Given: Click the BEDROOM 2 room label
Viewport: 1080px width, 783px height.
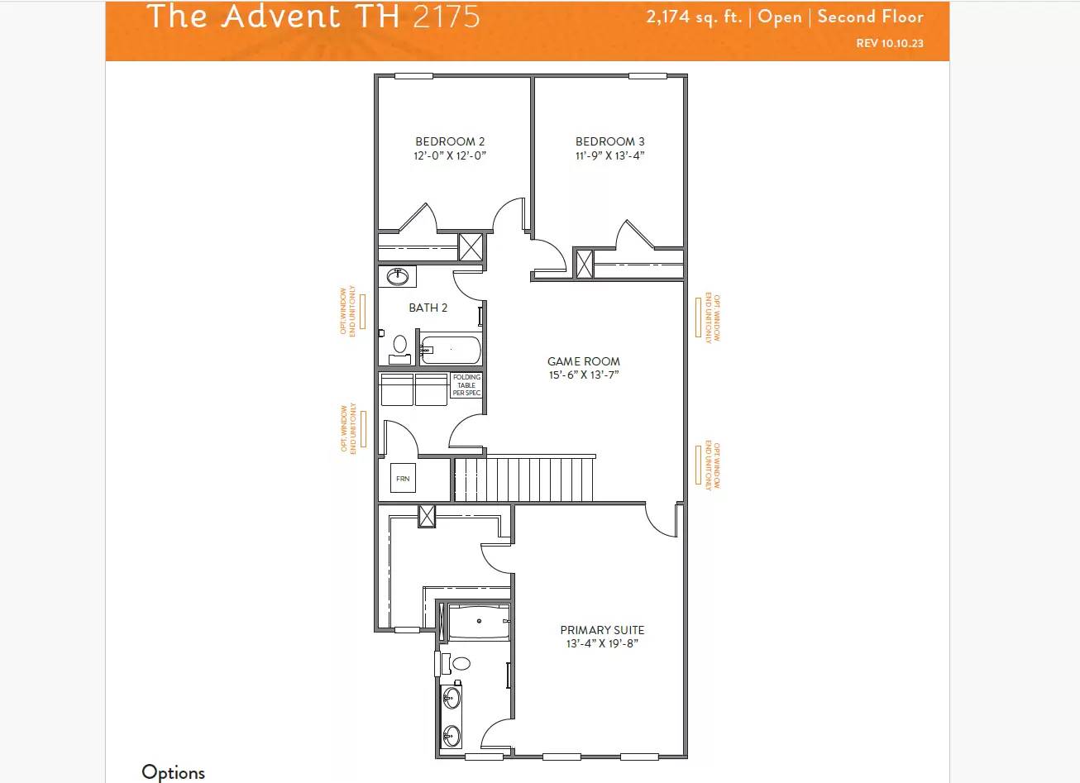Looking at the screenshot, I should [x=450, y=141].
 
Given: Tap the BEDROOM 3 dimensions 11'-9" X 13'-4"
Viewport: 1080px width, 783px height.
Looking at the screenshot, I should [x=609, y=155].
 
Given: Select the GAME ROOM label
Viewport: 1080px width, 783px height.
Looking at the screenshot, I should [x=583, y=361].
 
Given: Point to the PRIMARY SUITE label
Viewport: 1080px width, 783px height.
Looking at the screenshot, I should [x=602, y=630].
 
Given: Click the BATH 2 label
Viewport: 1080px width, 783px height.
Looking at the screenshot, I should [x=428, y=308].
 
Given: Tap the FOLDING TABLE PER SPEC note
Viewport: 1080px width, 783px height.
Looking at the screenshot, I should [x=466, y=385].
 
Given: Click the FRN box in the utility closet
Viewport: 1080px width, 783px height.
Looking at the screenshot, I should [x=403, y=479].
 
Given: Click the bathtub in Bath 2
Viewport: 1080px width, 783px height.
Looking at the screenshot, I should [x=451, y=350].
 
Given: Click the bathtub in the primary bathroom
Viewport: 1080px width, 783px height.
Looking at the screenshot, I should [x=479, y=622].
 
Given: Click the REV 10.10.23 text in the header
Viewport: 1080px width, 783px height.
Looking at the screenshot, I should [x=890, y=43].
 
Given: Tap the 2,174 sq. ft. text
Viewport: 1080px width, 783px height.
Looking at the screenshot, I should [x=694, y=17].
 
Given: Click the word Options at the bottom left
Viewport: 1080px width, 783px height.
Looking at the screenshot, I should [x=173, y=772].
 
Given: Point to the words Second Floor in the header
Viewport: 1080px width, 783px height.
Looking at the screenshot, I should [x=870, y=17].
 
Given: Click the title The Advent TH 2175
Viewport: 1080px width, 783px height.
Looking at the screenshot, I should [x=313, y=17].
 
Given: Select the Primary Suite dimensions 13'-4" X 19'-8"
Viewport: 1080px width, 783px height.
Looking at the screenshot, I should [x=602, y=644].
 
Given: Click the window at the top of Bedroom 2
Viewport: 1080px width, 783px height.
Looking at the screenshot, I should [x=413, y=76].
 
